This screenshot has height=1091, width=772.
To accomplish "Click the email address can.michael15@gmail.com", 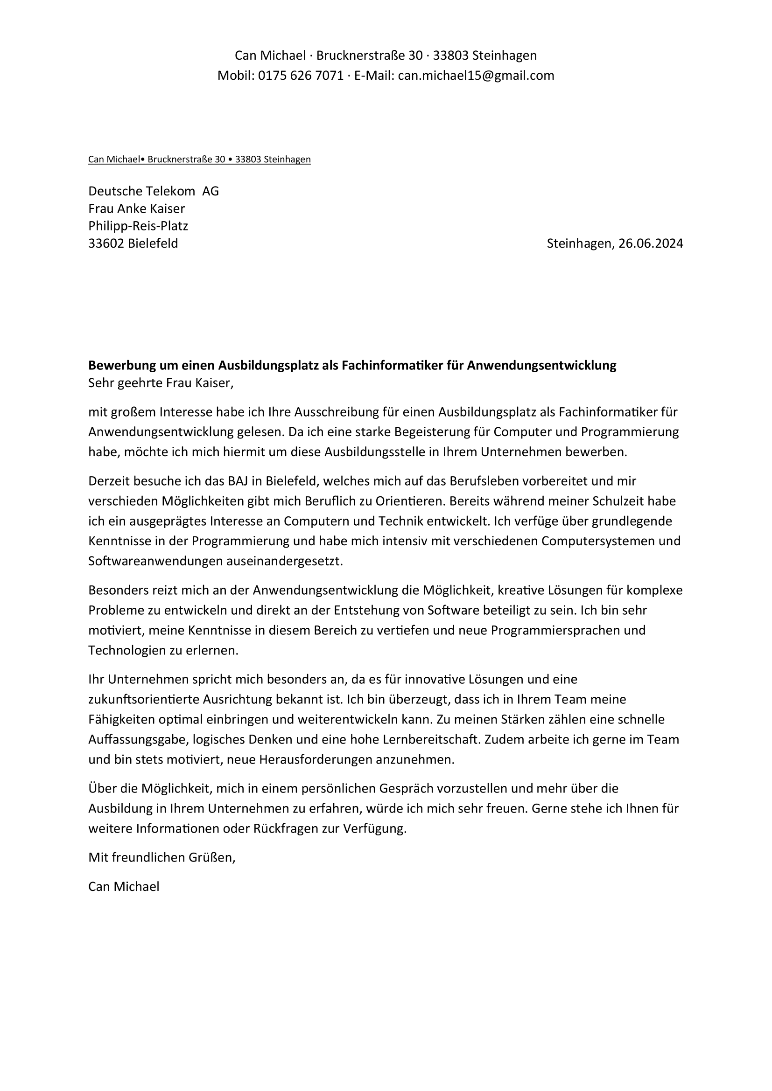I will tap(476, 76).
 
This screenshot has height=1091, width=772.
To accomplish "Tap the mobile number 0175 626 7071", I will tap(301, 76).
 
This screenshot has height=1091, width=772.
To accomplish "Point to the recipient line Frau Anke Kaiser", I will tap(136, 208).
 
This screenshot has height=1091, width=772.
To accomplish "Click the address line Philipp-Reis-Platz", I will tap(138, 226).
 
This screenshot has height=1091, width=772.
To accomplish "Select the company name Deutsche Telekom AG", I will tap(153, 191).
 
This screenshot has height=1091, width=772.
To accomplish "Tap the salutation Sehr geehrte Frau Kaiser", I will tap(160, 383).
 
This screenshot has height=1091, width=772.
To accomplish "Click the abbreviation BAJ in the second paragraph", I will tap(238, 481).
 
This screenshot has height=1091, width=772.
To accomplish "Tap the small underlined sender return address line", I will tap(199, 160).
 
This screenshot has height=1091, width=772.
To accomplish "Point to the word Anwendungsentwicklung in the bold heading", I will tap(541, 365).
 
